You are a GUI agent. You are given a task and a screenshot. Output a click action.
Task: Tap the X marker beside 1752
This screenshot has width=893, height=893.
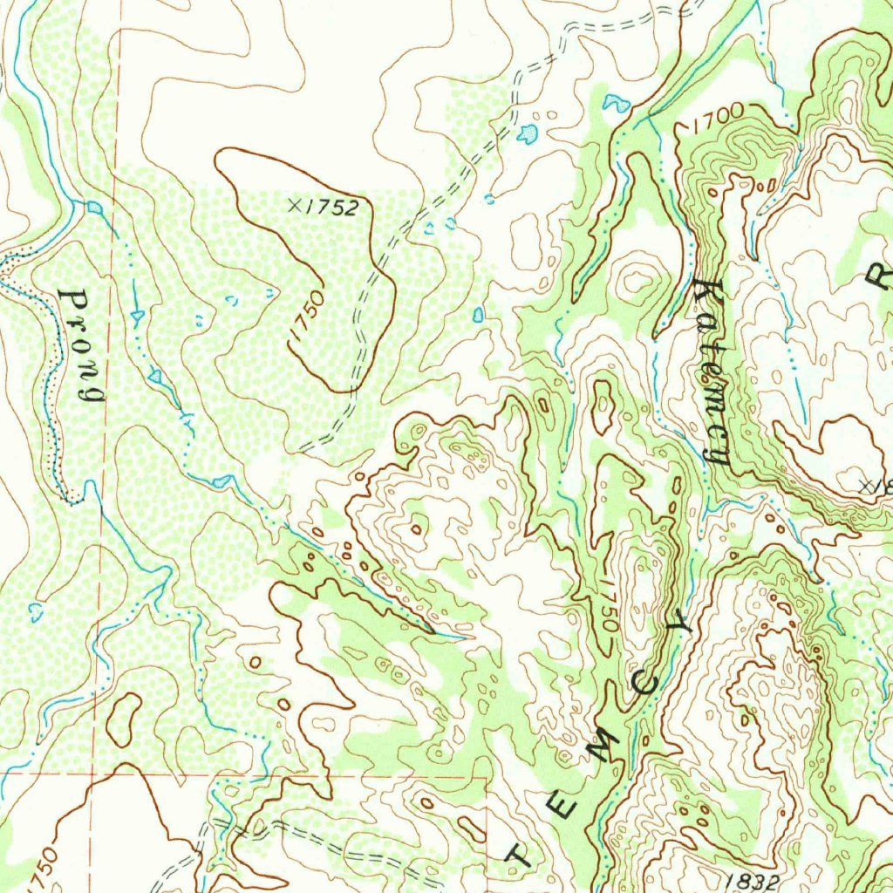tap(296, 206)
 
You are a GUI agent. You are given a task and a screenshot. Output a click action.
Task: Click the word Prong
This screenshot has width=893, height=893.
tap(83, 345)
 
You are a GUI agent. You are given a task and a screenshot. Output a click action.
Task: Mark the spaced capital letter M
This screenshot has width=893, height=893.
tap(605, 746)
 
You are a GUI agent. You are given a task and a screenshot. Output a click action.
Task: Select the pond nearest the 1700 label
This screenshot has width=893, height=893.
tap(616, 103)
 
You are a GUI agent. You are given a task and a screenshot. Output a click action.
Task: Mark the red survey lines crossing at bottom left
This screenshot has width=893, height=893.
tap(98, 773)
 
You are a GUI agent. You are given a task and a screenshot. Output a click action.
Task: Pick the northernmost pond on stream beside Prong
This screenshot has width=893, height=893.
tap(94, 208)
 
